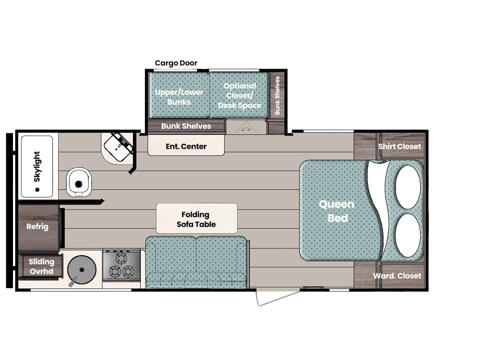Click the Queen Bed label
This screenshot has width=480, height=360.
coord(337,211)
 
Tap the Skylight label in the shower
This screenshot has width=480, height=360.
coord(37,167)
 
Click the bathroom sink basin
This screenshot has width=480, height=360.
coord(117,148)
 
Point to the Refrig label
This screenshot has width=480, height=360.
coord(37,227)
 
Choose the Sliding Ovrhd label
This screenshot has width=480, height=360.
coord(41,266)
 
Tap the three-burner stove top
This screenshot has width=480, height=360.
coord(121,265)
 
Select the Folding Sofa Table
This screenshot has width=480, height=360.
coord(196,219)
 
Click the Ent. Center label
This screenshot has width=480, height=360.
coord(186,146)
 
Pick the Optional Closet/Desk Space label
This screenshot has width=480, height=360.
coord(240,96)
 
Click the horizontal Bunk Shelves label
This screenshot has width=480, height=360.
coord(186,126)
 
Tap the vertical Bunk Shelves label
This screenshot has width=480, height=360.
coord(277,95)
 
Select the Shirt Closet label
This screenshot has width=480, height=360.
coord(399,146)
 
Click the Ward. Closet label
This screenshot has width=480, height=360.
coord(397,276)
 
